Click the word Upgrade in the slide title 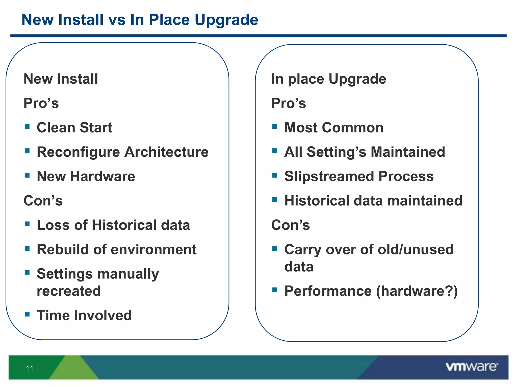coord(226,20)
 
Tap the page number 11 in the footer coord(30,368)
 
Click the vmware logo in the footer coord(472,367)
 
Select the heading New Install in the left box coord(61,79)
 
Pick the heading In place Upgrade coord(328,79)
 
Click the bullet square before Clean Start coord(27,126)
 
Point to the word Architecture coord(166,152)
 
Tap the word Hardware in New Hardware coord(102,176)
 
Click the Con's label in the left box coord(43,201)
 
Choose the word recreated coord(69,291)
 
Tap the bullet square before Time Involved coord(27,314)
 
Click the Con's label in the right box coord(290,225)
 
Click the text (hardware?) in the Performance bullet coord(417,291)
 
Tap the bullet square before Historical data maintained coord(275,200)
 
